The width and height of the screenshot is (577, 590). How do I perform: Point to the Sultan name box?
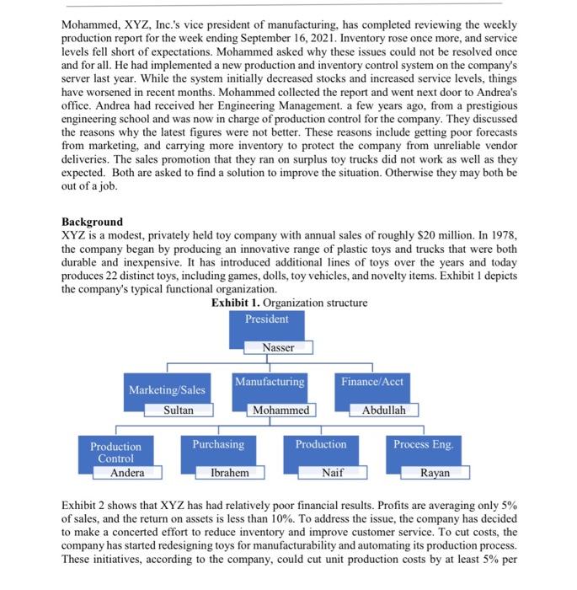coord(179,410)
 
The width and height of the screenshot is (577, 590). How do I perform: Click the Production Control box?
coord(116,452)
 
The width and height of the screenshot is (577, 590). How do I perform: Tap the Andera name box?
coord(127,473)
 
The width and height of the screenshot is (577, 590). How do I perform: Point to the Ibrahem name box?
coord(230,474)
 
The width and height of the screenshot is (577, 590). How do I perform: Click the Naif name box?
coord(333,474)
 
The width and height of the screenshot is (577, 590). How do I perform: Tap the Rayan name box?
coord(435,474)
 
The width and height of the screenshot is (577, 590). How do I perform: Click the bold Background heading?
coord(93,222)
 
